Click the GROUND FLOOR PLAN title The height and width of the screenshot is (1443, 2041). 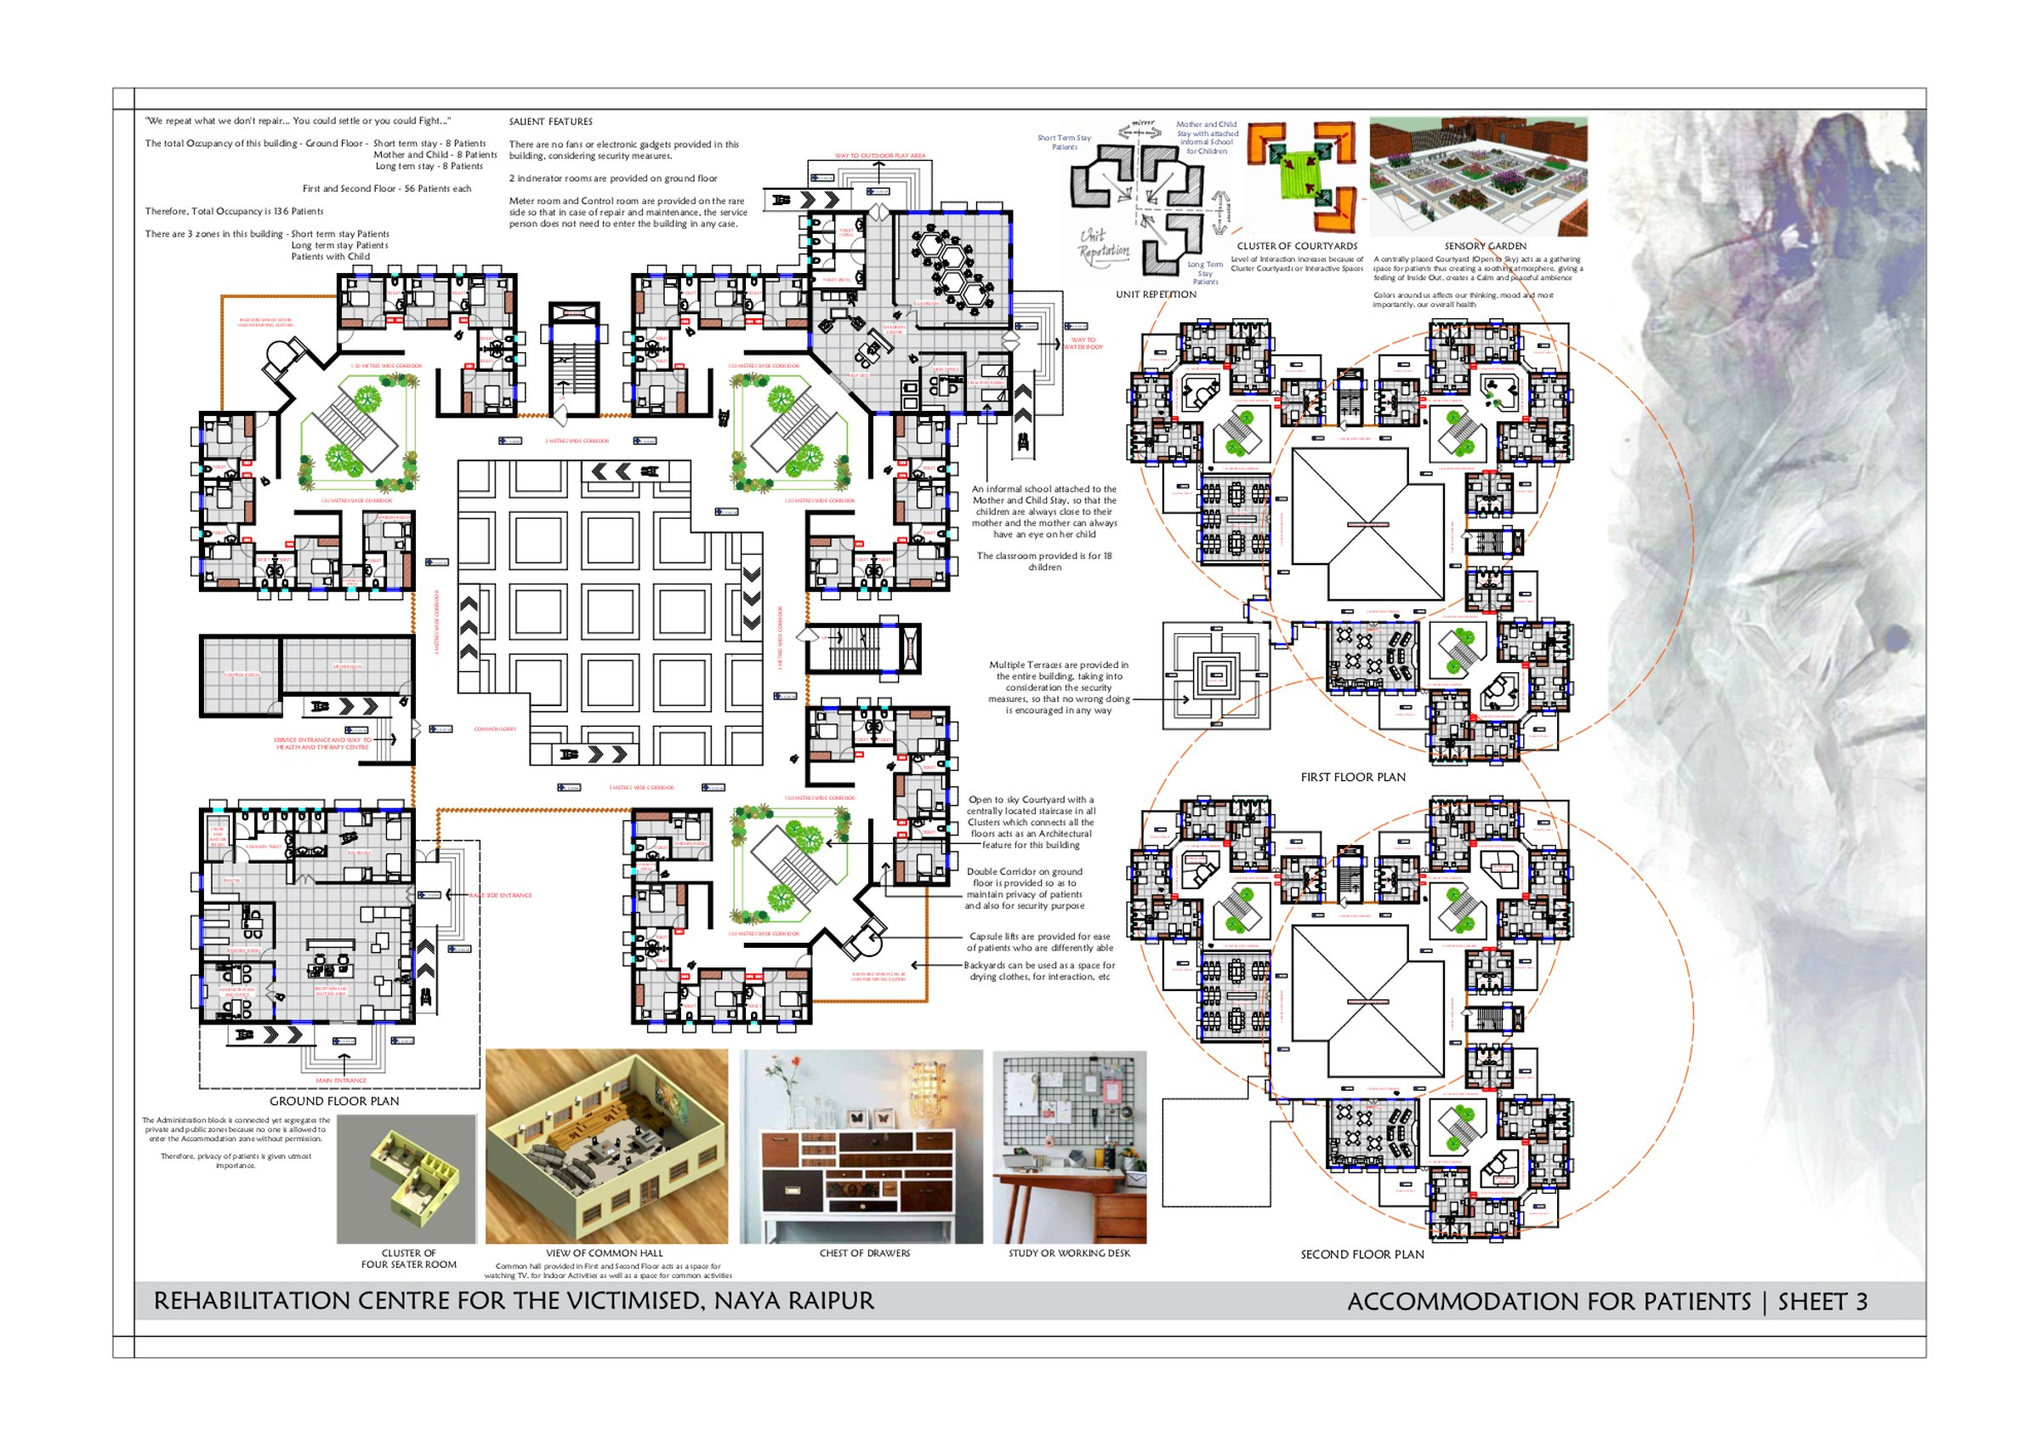(334, 1101)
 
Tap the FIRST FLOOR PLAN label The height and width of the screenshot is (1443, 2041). (1353, 777)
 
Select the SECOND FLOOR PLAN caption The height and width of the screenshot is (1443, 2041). (1362, 1254)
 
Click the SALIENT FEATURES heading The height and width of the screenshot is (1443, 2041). (550, 122)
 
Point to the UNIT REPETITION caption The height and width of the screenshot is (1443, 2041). (1156, 294)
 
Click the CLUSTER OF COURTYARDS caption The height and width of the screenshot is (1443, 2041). (1297, 246)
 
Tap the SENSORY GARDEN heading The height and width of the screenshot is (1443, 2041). (1485, 246)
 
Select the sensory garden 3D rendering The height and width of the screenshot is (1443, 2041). (1477, 176)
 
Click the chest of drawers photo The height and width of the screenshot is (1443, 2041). (861, 1147)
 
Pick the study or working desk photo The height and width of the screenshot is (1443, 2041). (1069, 1147)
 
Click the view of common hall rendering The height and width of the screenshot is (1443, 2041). (606, 1147)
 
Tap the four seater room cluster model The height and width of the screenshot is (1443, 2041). (407, 1178)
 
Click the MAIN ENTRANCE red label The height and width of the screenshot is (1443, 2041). (340, 1081)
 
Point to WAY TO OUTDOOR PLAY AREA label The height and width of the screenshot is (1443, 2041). (879, 156)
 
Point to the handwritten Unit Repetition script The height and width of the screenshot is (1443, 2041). (1102, 244)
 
